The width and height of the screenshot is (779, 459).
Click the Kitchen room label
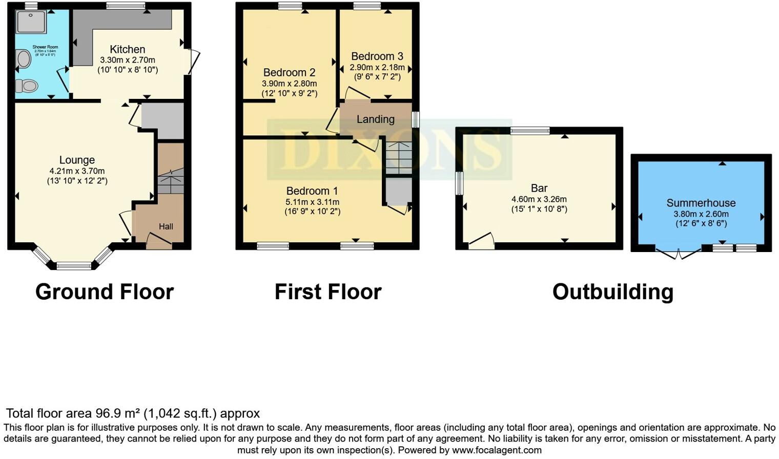(x=127, y=49)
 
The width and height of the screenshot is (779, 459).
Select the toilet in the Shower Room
(x=27, y=86)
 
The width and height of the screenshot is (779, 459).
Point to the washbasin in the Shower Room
(x=23, y=59)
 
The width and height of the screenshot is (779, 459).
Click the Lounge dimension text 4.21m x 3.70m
(x=77, y=171)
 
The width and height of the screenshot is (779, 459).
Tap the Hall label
(x=166, y=226)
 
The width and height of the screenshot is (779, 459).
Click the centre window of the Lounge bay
(x=73, y=265)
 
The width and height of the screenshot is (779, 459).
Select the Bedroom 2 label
(x=289, y=72)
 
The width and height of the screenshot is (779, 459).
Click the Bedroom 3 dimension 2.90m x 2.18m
(x=377, y=67)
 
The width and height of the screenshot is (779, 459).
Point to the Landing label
(x=375, y=119)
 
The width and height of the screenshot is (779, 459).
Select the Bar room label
(x=539, y=188)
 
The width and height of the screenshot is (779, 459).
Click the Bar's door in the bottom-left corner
(x=481, y=241)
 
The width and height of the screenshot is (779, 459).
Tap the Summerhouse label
(x=701, y=203)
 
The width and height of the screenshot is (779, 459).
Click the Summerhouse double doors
(x=678, y=253)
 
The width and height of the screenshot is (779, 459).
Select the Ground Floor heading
(x=105, y=292)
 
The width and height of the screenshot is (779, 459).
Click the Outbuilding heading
(x=612, y=292)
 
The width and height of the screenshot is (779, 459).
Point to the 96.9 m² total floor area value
(x=118, y=413)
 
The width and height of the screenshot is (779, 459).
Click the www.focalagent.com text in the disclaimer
(x=496, y=450)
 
